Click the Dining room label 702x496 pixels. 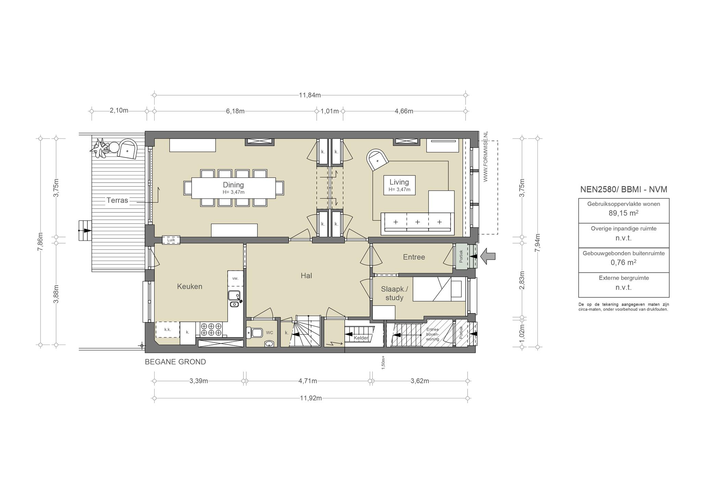233,185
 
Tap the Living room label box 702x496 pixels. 399,185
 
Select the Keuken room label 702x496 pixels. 190,286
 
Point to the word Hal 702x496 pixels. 306,275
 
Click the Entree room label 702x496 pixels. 414,257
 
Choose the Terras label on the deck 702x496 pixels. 117,200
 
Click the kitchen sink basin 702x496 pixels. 234,296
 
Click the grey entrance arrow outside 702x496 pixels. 488,256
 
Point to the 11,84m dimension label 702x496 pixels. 310,95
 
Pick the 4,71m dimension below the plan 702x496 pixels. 307,381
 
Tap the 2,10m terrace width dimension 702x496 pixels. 119,110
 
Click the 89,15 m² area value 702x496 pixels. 624,213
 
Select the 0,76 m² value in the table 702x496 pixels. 624,262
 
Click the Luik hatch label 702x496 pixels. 171,240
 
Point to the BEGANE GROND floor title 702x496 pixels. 175,362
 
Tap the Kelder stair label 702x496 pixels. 361,338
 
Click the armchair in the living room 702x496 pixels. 377,160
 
